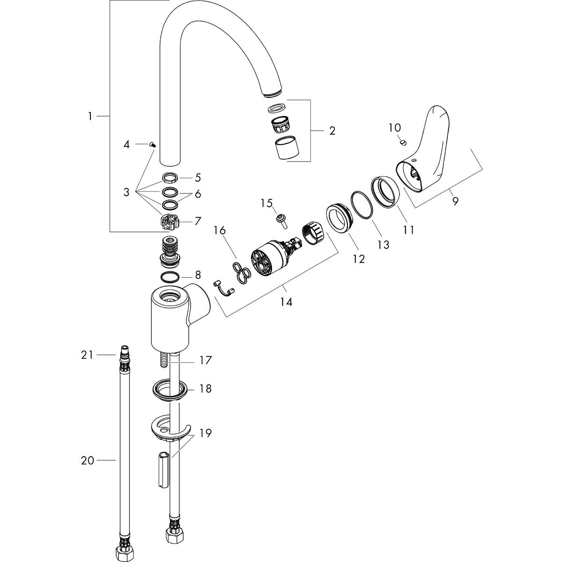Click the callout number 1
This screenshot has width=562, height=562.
point(90,116)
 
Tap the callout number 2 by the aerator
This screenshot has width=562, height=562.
point(332,131)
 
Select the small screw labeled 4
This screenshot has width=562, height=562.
point(153,146)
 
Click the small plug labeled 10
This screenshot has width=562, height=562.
point(402,141)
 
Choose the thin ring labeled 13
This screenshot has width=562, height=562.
point(361,205)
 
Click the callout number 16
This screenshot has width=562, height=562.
point(220,230)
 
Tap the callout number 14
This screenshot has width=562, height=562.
point(286,302)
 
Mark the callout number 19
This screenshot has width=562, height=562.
point(205,434)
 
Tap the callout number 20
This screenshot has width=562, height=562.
point(88,461)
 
